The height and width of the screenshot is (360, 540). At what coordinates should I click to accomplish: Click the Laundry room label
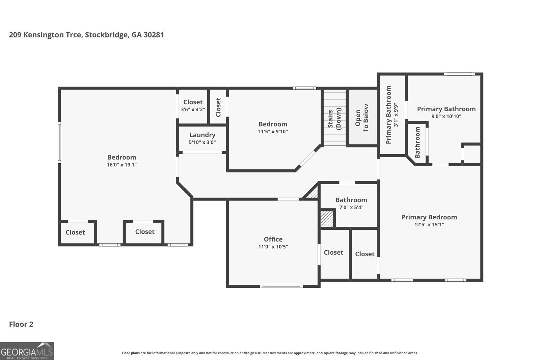coord(202,135)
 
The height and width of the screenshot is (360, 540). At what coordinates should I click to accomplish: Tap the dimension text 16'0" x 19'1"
coord(122,165)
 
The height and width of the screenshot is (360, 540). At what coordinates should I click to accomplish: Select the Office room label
coord(273,239)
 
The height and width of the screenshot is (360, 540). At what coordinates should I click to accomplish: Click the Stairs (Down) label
coord(335,118)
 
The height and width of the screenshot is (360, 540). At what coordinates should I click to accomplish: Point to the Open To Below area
coord(362,118)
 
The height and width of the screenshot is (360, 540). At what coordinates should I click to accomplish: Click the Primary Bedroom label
coord(429,217)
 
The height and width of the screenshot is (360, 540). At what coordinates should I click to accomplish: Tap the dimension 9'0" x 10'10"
coord(446,116)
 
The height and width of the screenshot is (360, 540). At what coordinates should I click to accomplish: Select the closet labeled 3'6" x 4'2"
coord(193,105)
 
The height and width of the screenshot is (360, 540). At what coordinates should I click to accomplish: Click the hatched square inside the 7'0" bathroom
coord(327,219)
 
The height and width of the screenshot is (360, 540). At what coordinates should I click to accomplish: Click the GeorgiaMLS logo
coord(27,351)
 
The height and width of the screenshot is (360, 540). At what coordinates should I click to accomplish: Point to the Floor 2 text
coord(21,324)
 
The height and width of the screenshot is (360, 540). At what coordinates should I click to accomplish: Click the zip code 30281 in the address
coord(154,35)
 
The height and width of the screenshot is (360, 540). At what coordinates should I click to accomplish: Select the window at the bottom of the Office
coord(281,286)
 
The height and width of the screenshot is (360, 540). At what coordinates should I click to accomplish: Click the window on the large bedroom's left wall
coord(59,142)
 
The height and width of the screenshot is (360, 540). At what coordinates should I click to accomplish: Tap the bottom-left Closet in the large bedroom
coord(75,232)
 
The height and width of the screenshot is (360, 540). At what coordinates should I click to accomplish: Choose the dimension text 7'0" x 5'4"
coord(351,207)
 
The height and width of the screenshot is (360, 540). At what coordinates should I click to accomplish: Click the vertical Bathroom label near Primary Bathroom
coord(417,142)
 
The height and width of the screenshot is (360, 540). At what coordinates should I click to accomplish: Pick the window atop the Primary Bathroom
coord(459,74)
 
